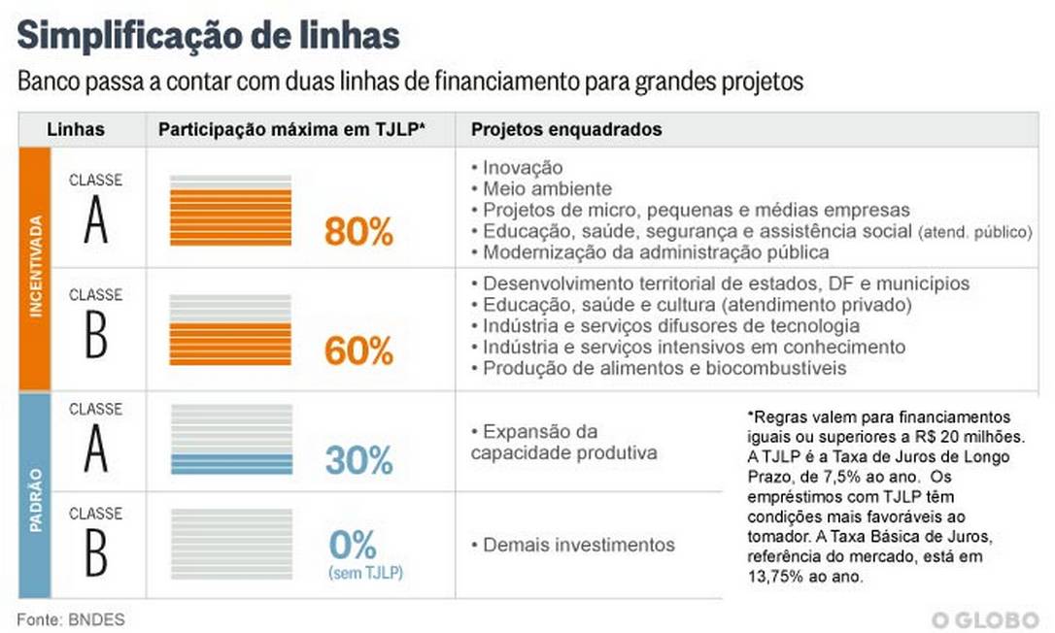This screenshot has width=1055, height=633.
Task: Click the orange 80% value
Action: coord(358,233)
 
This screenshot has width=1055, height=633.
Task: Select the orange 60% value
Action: coord(358,351)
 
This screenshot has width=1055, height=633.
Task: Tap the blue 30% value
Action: coord(358,460)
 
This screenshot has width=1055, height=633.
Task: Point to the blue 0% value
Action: coord(352,545)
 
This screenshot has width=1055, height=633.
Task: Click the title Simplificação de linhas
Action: coord(208,36)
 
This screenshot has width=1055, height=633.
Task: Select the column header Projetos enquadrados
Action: coord(566,129)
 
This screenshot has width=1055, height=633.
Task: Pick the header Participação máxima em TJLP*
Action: coord(291,129)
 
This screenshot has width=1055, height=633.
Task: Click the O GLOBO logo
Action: coord(984,619)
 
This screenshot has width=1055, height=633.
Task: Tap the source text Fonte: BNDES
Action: coord(70,618)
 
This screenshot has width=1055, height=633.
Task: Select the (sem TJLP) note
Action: coord(365,573)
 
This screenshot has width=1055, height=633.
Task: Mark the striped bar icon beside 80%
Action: coord(230,211)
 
